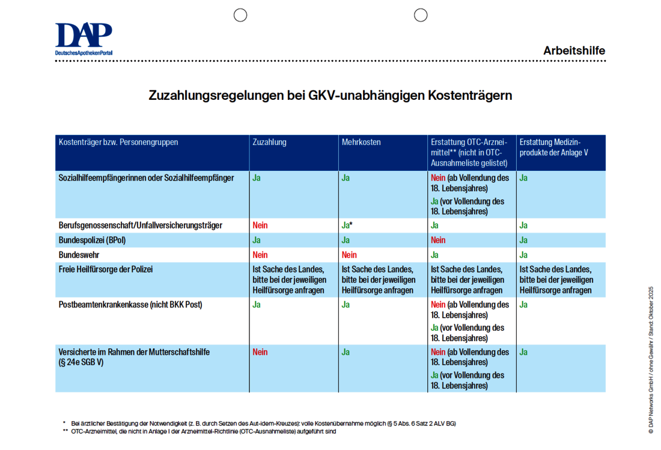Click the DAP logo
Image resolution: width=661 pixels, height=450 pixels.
(x=84, y=38)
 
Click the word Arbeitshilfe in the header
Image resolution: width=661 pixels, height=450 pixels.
(x=574, y=51)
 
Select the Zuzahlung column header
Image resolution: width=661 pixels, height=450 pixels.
(x=269, y=143)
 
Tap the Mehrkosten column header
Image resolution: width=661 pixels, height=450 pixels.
(x=361, y=143)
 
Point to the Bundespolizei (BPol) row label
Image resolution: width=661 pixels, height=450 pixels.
(x=92, y=240)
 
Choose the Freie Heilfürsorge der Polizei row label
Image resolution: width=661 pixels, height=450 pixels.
(x=106, y=270)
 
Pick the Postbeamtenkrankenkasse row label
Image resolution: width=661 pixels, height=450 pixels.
(x=130, y=305)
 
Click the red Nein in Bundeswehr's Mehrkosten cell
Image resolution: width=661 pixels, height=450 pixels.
(x=349, y=255)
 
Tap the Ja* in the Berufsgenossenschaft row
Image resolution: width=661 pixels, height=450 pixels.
(x=347, y=226)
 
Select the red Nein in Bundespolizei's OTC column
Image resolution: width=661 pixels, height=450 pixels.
(x=438, y=240)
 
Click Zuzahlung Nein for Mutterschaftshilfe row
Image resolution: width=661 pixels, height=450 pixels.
(x=260, y=352)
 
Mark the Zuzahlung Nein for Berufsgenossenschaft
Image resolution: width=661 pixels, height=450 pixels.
(x=260, y=226)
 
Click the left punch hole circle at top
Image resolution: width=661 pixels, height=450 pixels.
(x=240, y=15)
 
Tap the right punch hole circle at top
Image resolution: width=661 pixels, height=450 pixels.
(x=421, y=15)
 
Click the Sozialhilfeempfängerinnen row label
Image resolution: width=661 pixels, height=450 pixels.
(x=146, y=178)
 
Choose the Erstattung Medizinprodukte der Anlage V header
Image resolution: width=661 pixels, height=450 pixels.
(x=553, y=147)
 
